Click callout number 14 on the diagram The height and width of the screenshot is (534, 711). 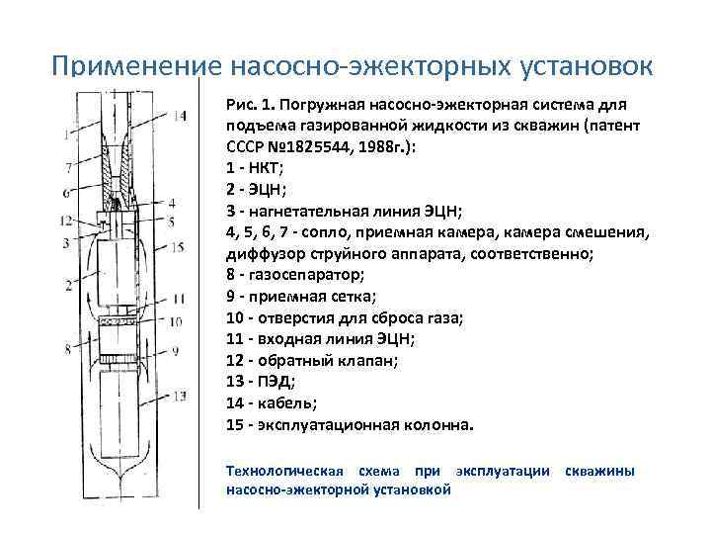coord(178,117)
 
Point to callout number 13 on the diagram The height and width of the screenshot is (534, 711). coord(179,397)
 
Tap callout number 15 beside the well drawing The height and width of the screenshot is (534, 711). coord(178,246)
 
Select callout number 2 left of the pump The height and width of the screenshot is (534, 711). coord(67,285)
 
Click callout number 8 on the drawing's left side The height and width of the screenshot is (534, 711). coord(67,348)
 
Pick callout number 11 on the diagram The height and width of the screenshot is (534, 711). coord(179,298)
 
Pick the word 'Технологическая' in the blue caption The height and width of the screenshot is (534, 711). coord(285,471)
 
